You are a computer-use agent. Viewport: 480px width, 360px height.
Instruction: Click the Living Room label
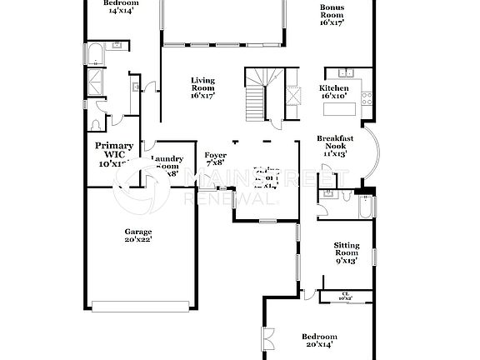(x=203, y=88)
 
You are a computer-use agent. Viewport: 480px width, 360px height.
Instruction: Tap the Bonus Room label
(x=332, y=16)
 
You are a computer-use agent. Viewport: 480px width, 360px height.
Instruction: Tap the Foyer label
(x=216, y=158)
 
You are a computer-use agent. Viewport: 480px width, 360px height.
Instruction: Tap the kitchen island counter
(x=358, y=106)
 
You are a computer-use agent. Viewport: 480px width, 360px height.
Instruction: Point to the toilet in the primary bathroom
(x=95, y=124)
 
